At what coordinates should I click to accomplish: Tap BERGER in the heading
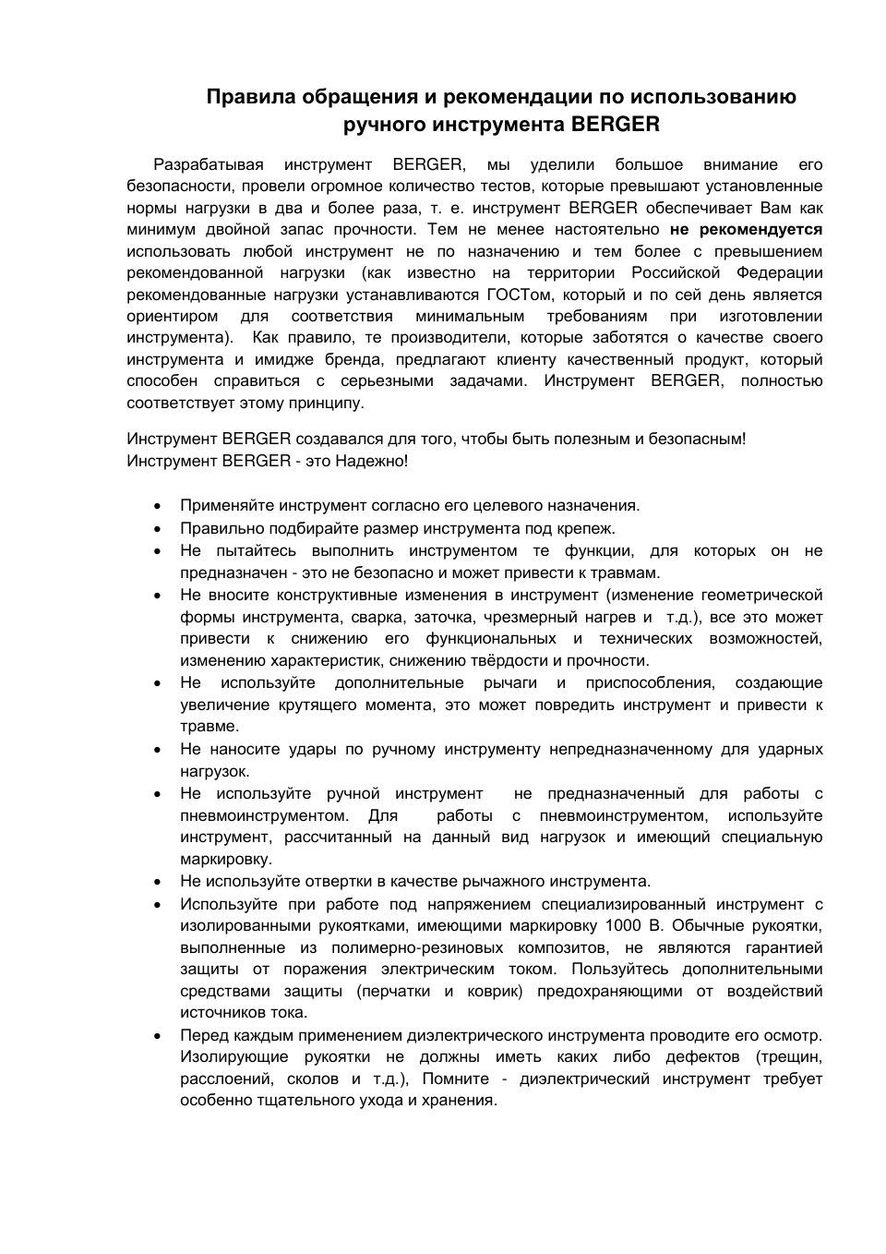click(616, 124)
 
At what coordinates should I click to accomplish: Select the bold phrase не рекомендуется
click(747, 229)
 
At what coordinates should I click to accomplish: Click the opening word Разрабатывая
click(209, 164)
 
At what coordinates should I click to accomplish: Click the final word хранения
click(465, 1100)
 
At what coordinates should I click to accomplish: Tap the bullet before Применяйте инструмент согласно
click(159, 506)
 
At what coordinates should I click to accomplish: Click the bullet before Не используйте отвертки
click(159, 882)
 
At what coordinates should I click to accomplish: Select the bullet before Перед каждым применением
click(159, 1035)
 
